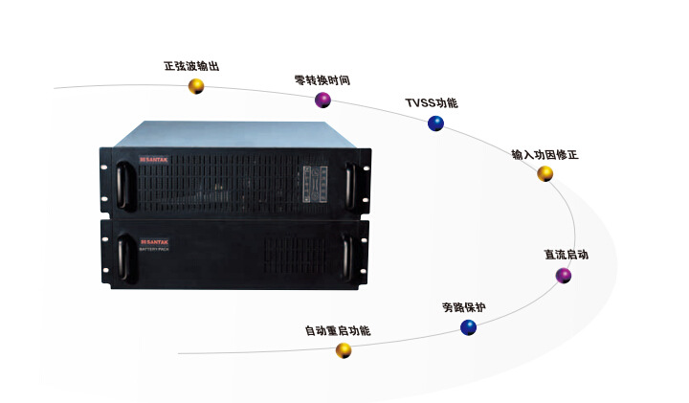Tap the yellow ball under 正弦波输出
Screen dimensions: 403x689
196,87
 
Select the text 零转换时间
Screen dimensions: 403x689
322,79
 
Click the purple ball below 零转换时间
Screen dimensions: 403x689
324,100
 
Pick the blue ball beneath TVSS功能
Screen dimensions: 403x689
435,123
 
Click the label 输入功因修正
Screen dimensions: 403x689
545,153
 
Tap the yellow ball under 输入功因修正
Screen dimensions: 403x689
545,173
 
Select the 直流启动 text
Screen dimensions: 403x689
566,255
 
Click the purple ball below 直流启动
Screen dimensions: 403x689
564,276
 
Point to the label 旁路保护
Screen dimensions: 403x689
463,307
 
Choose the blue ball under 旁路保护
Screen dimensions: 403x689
468,327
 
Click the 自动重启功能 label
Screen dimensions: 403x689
337,330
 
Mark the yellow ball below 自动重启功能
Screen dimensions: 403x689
343,350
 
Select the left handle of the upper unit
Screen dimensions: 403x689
122,183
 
